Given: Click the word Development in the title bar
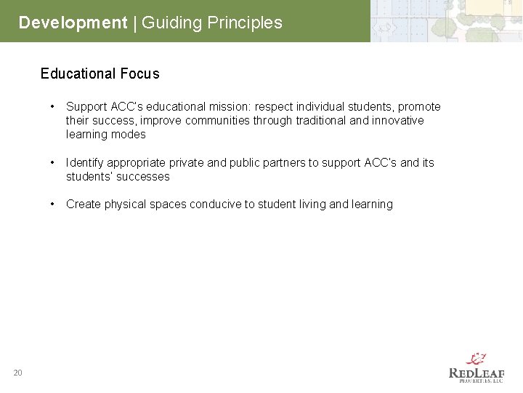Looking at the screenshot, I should pyautogui.click(x=73, y=23).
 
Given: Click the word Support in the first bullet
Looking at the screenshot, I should pyautogui.click(x=86, y=107).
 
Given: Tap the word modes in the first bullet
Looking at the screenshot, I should pyautogui.click(x=130, y=135).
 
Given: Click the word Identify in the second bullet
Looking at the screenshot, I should pyautogui.click(x=85, y=163).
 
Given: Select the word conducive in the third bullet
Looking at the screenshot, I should pyautogui.click(x=215, y=205).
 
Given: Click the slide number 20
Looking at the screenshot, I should pyautogui.click(x=17, y=373).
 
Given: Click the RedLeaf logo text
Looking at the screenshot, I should pyautogui.click(x=477, y=373).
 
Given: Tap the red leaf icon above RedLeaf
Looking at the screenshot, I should pyautogui.click(x=477, y=357).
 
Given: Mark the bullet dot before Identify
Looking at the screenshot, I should pyautogui.click(x=53, y=163).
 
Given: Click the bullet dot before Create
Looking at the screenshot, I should pyautogui.click(x=53, y=205).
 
